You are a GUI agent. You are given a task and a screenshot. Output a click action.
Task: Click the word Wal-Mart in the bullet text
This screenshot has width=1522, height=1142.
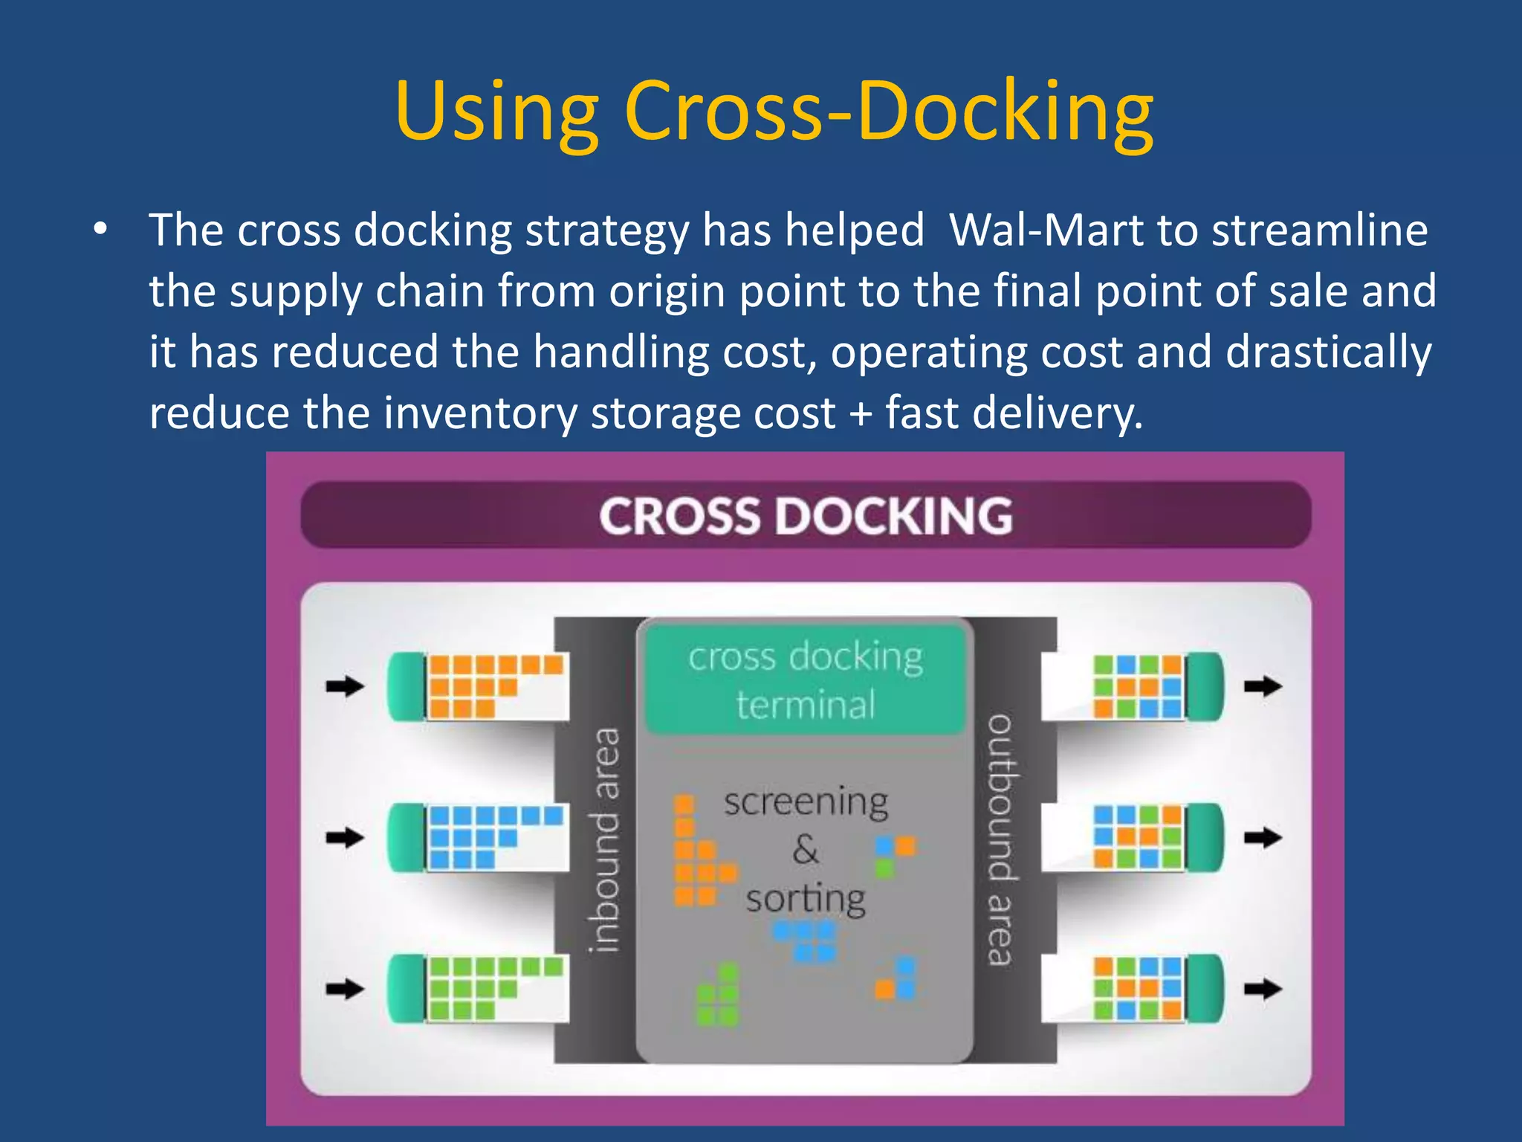(1046, 230)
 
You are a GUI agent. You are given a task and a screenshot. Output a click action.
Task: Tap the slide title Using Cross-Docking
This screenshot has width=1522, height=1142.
(774, 111)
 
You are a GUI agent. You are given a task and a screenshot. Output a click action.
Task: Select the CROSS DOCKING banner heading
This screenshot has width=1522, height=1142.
(806, 515)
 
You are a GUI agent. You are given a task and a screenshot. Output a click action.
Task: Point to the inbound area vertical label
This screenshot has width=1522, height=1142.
(603, 839)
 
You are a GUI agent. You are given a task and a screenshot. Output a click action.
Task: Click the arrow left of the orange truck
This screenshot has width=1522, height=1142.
(344, 686)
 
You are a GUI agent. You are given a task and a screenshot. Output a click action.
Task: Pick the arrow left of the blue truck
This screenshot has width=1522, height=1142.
(344, 838)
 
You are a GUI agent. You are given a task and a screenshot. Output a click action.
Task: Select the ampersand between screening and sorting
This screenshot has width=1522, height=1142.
(806, 848)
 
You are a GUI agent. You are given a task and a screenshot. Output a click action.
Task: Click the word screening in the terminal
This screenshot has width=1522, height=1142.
(806, 801)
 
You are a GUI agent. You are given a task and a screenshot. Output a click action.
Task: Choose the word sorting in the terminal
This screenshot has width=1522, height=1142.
(806, 900)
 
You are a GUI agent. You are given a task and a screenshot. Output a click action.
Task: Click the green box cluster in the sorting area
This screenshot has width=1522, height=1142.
(719, 996)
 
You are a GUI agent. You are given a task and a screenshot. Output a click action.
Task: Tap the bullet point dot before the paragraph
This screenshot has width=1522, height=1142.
(100, 230)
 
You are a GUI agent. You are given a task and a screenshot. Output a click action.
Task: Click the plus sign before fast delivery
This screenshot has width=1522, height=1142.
(861, 413)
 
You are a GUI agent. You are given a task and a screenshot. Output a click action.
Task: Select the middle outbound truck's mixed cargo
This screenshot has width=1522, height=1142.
(1137, 837)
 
